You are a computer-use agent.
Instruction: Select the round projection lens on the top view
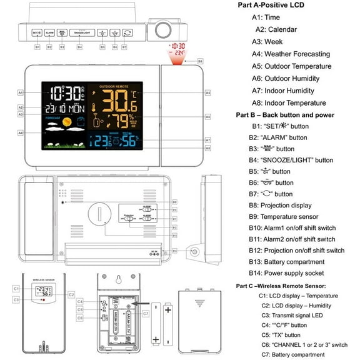coord(166,29)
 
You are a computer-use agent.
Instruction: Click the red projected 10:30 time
coord(177,46)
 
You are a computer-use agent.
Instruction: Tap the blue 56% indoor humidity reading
coord(129,141)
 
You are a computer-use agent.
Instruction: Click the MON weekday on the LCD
coord(72,108)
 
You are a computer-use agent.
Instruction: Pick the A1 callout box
coord(20,92)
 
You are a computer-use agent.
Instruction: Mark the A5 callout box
coord(207,92)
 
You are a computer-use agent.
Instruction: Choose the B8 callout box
coord(200,61)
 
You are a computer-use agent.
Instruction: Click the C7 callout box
coord(145,312)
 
